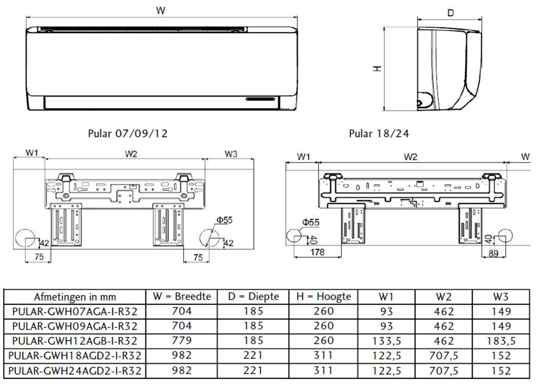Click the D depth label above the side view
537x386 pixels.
coord(451,13)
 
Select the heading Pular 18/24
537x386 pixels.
coord(379,134)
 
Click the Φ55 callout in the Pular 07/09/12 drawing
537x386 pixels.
coord(225,219)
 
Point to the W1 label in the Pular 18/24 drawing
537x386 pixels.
coord(304,157)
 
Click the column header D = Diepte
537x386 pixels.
coord(253,297)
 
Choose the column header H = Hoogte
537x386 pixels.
coord(323,297)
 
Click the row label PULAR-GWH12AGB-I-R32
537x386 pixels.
coord(75,341)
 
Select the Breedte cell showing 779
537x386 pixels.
coord(182,341)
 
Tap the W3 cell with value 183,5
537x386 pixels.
coord(501,341)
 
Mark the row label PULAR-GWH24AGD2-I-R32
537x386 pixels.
coord(75,370)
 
